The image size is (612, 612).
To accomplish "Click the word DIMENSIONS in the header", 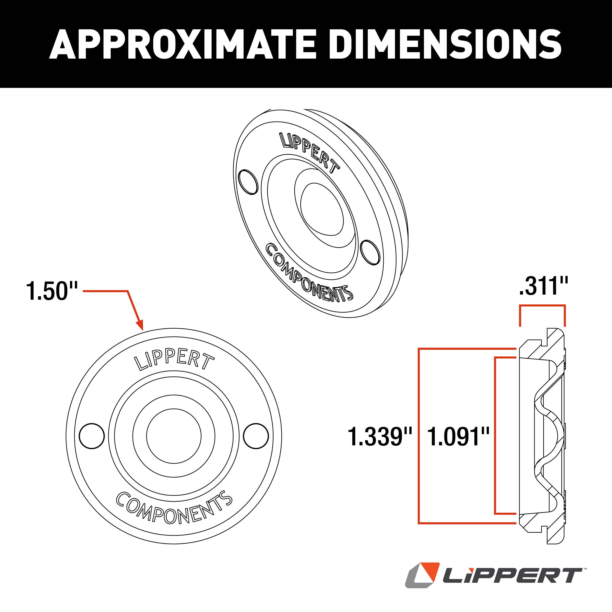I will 445,44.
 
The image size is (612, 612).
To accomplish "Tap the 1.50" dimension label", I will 52,291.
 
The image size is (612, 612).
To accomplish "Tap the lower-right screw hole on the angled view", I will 370,252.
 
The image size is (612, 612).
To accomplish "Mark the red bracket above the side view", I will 542,306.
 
